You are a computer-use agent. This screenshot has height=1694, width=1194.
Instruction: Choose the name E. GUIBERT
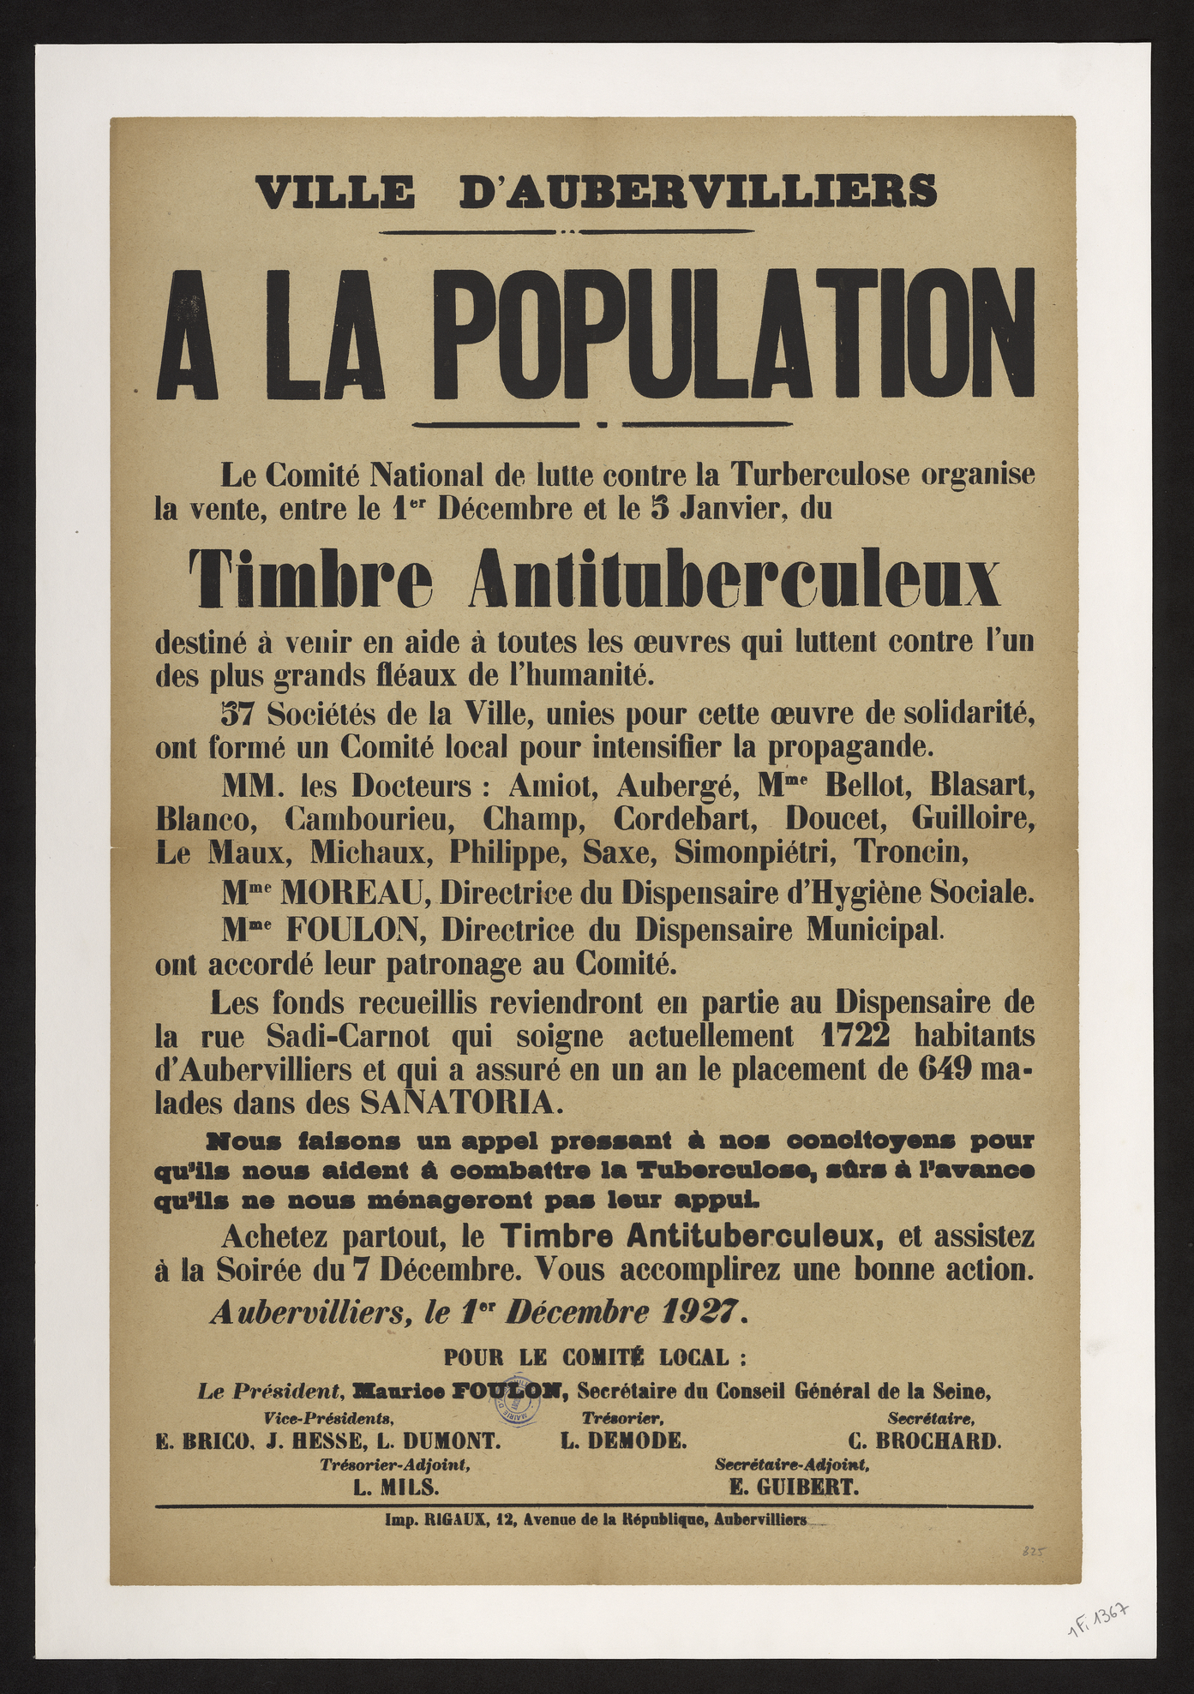point(792,1487)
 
